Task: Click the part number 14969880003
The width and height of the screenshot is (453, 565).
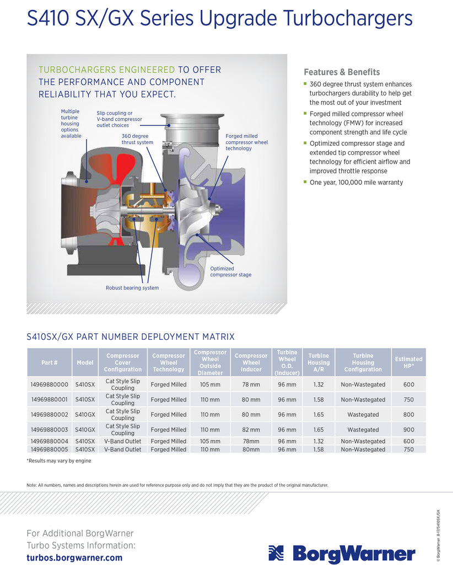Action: coord(50,429)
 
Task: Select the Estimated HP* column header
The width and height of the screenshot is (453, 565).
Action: coord(408,363)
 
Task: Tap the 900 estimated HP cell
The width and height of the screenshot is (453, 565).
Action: coord(408,429)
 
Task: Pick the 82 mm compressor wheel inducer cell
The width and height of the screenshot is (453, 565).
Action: coord(251,429)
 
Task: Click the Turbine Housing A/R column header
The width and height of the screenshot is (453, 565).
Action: coord(319,363)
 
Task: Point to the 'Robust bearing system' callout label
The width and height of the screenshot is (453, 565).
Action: coord(132,287)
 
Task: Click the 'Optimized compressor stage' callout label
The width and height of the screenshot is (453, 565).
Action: coord(230,271)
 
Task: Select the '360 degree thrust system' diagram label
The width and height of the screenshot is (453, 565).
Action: coord(137,139)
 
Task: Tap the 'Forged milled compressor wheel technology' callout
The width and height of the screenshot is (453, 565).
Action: coord(246,142)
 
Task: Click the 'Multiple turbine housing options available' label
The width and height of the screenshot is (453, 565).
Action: coord(71,124)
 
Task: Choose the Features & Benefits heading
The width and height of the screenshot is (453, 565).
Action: coord(342,72)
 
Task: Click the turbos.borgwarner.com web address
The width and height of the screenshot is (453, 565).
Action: coord(74,557)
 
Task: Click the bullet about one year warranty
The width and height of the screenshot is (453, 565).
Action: coord(356,182)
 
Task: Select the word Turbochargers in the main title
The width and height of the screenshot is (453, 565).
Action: coord(348,18)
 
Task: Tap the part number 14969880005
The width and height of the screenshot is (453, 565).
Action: coord(50,449)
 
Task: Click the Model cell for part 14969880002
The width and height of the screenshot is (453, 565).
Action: coord(85,414)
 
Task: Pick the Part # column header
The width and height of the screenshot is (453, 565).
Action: coord(50,363)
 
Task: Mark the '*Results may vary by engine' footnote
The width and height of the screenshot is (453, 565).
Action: coord(59,461)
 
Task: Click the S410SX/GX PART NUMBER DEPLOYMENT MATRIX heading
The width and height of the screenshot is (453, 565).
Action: coord(131,337)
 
